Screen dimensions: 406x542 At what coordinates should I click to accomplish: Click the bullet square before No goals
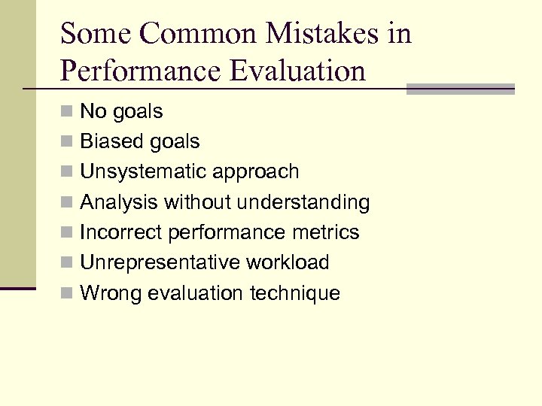click(68, 112)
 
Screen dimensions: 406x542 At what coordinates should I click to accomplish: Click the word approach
click(255, 171)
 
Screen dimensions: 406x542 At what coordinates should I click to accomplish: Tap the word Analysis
click(119, 202)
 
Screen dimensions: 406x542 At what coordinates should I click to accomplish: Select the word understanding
click(304, 202)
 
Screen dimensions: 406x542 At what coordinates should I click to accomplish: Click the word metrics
click(327, 232)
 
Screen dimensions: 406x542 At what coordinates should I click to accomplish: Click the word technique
click(297, 293)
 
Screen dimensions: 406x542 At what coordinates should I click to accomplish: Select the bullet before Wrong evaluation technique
click(68, 293)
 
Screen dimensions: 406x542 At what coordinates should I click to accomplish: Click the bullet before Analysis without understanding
click(68, 202)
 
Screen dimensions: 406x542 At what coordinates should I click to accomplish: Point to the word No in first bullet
click(93, 111)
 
